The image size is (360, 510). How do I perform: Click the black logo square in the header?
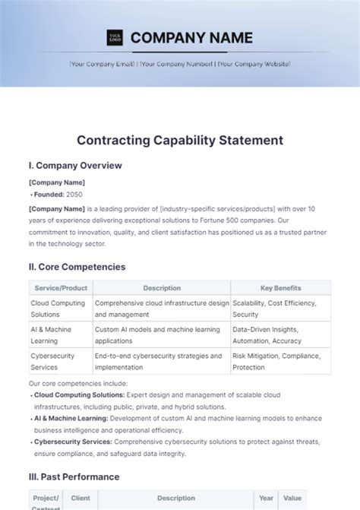tap(115, 37)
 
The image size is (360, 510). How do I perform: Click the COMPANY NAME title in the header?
tap(191, 37)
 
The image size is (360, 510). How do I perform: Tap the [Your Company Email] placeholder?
tap(102, 64)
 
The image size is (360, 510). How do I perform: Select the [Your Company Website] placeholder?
tap(254, 64)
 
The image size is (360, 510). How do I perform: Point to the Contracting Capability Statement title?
tap(180, 140)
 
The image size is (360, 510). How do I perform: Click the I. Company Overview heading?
tap(75, 166)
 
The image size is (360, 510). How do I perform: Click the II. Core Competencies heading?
tap(77, 267)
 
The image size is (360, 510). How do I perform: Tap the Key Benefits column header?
tap(280, 288)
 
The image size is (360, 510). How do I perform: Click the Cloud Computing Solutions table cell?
tap(59, 308)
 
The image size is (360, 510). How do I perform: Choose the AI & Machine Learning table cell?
tap(59, 334)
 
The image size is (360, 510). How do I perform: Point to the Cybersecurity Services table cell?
tap(59, 361)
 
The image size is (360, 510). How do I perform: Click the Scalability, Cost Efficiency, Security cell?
tap(280, 308)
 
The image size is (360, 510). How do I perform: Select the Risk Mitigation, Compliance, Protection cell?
tap(280, 361)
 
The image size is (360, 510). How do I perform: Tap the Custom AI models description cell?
tap(160, 334)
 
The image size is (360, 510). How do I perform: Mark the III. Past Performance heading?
tap(74, 477)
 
